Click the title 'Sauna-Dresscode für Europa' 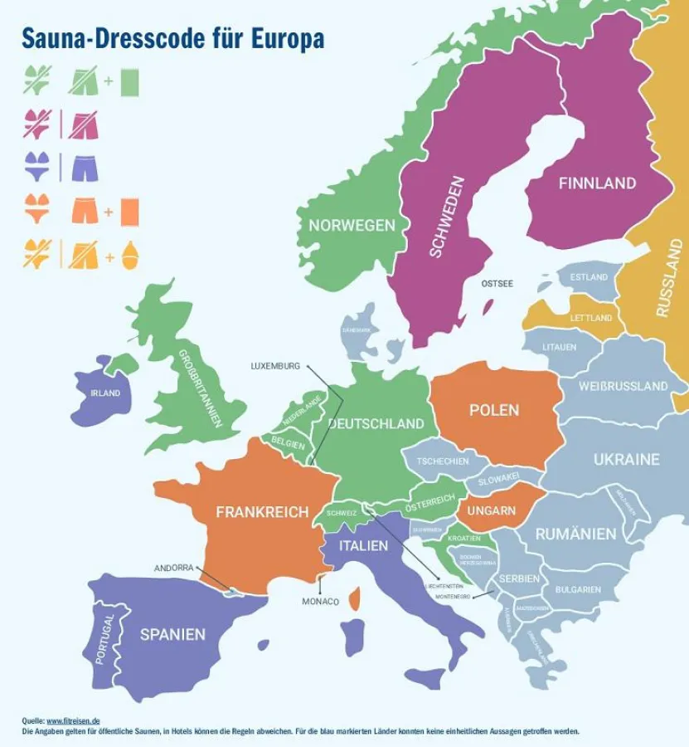172,39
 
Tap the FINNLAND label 597,183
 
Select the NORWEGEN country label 352,226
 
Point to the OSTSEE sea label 497,284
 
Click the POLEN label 493,410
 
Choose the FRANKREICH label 262,512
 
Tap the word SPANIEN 172,634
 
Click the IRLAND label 105,393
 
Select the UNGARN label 491,511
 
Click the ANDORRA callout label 173,568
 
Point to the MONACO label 320,601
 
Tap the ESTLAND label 589,277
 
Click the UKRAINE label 626,460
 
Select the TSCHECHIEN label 442,461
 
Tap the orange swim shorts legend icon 85,212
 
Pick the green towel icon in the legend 129,81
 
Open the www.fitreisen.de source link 72,721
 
